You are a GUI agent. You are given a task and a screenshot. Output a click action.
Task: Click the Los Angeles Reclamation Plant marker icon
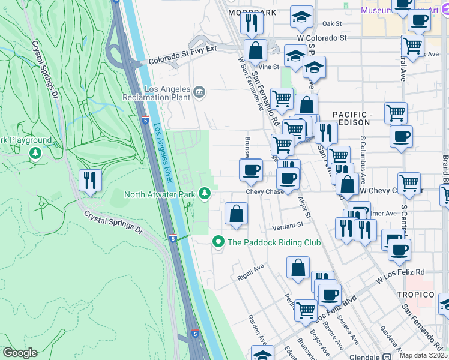click(199, 92)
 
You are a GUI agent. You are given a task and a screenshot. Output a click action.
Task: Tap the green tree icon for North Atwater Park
click(205, 193)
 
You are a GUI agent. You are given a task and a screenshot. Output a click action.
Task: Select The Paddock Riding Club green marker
click(218, 242)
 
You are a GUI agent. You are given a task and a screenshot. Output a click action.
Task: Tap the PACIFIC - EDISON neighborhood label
click(352, 118)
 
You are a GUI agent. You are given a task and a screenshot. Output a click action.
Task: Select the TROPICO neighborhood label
click(415, 295)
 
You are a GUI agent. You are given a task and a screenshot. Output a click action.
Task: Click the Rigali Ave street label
click(250, 268)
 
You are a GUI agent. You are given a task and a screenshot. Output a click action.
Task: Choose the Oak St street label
click(331, 24)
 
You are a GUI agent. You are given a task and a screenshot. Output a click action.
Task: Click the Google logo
click(20, 352)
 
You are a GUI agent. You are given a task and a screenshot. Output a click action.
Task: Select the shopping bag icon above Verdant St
click(237, 214)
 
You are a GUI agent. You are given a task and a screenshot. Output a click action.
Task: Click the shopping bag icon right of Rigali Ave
click(298, 268)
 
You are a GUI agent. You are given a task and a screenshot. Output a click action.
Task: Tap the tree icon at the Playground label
click(36, 153)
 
